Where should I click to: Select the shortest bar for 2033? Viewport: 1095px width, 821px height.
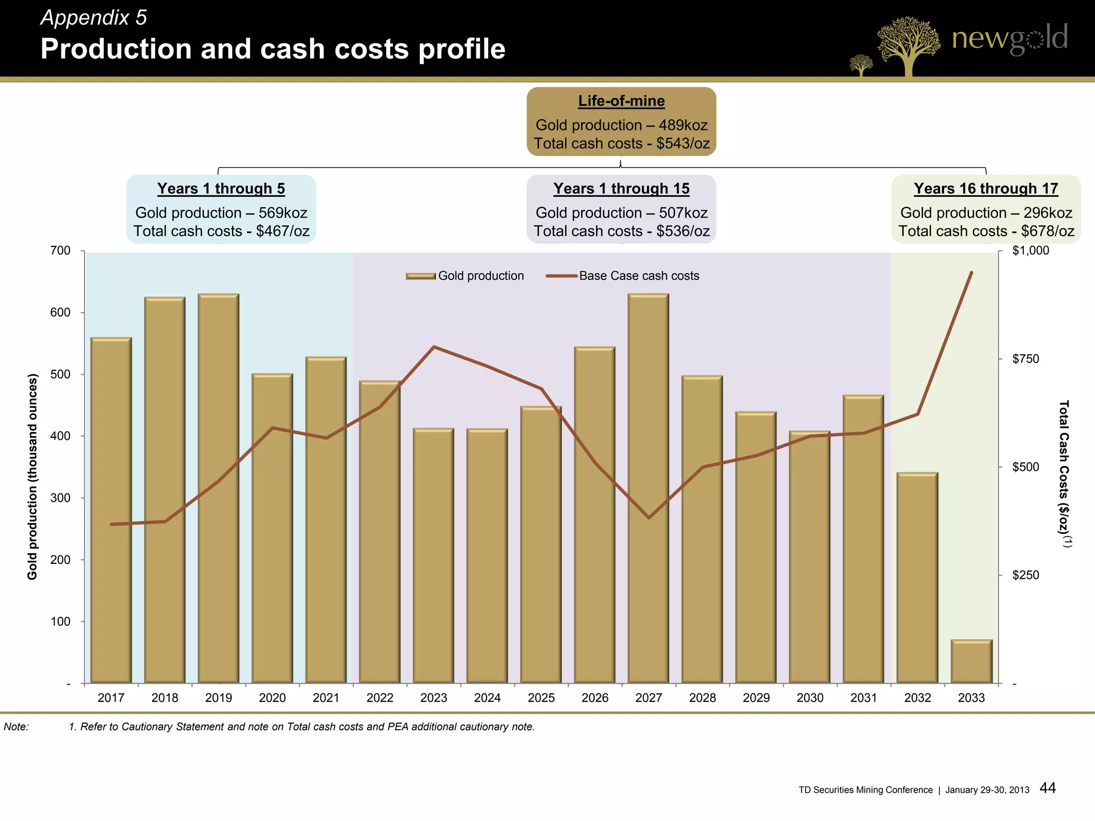[971, 661]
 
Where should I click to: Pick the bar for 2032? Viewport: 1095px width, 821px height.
[917, 578]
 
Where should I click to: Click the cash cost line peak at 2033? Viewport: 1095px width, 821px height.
[971, 273]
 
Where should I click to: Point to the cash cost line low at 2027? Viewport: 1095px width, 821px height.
[649, 517]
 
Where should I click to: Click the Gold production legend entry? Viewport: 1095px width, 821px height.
[465, 276]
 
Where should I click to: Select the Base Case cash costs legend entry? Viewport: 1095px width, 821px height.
[623, 276]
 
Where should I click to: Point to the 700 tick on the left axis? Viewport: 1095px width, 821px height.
[60, 251]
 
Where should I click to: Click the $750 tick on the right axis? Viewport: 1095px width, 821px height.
[1025, 359]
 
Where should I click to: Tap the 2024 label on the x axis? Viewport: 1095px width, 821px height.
[487, 698]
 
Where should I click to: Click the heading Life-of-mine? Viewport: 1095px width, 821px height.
[621, 101]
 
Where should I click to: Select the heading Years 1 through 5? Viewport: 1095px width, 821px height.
[221, 189]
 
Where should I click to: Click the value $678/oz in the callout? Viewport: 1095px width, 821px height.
[1047, 231]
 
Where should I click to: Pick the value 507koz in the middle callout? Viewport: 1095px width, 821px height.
[683, 213]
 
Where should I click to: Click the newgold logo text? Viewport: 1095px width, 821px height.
[1009, 38]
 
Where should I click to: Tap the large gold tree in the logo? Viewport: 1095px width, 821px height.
[907, 43]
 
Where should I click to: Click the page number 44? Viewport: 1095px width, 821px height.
[1047, 788]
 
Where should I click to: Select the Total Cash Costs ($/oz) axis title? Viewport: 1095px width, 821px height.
[1064, 473]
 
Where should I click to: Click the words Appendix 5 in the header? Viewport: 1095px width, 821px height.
[94, 18]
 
